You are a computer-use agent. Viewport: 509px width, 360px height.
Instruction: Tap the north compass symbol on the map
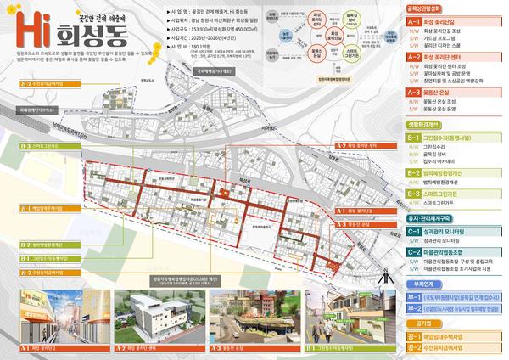coord(385,271)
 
